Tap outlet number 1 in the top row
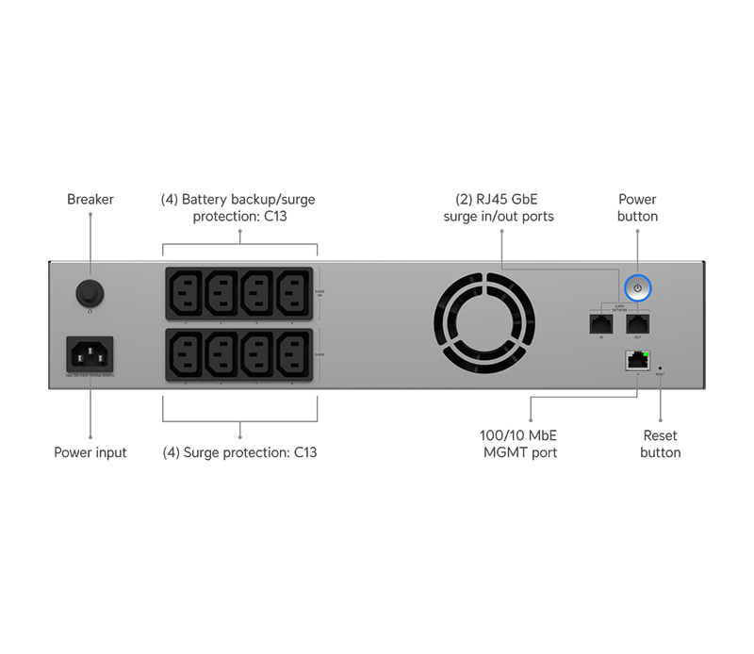tap(186, 294)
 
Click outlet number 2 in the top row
tap(222, 294)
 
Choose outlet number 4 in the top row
tap(293, 294)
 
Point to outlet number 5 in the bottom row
tap(186, 355)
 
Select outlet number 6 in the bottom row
tap(222, 355)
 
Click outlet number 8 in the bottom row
tap(293, 355)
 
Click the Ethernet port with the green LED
tap(637, 359)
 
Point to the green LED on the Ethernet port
tap(645, 352)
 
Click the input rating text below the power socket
tap(90, 376)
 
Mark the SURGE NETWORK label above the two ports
tap(619, 305)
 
